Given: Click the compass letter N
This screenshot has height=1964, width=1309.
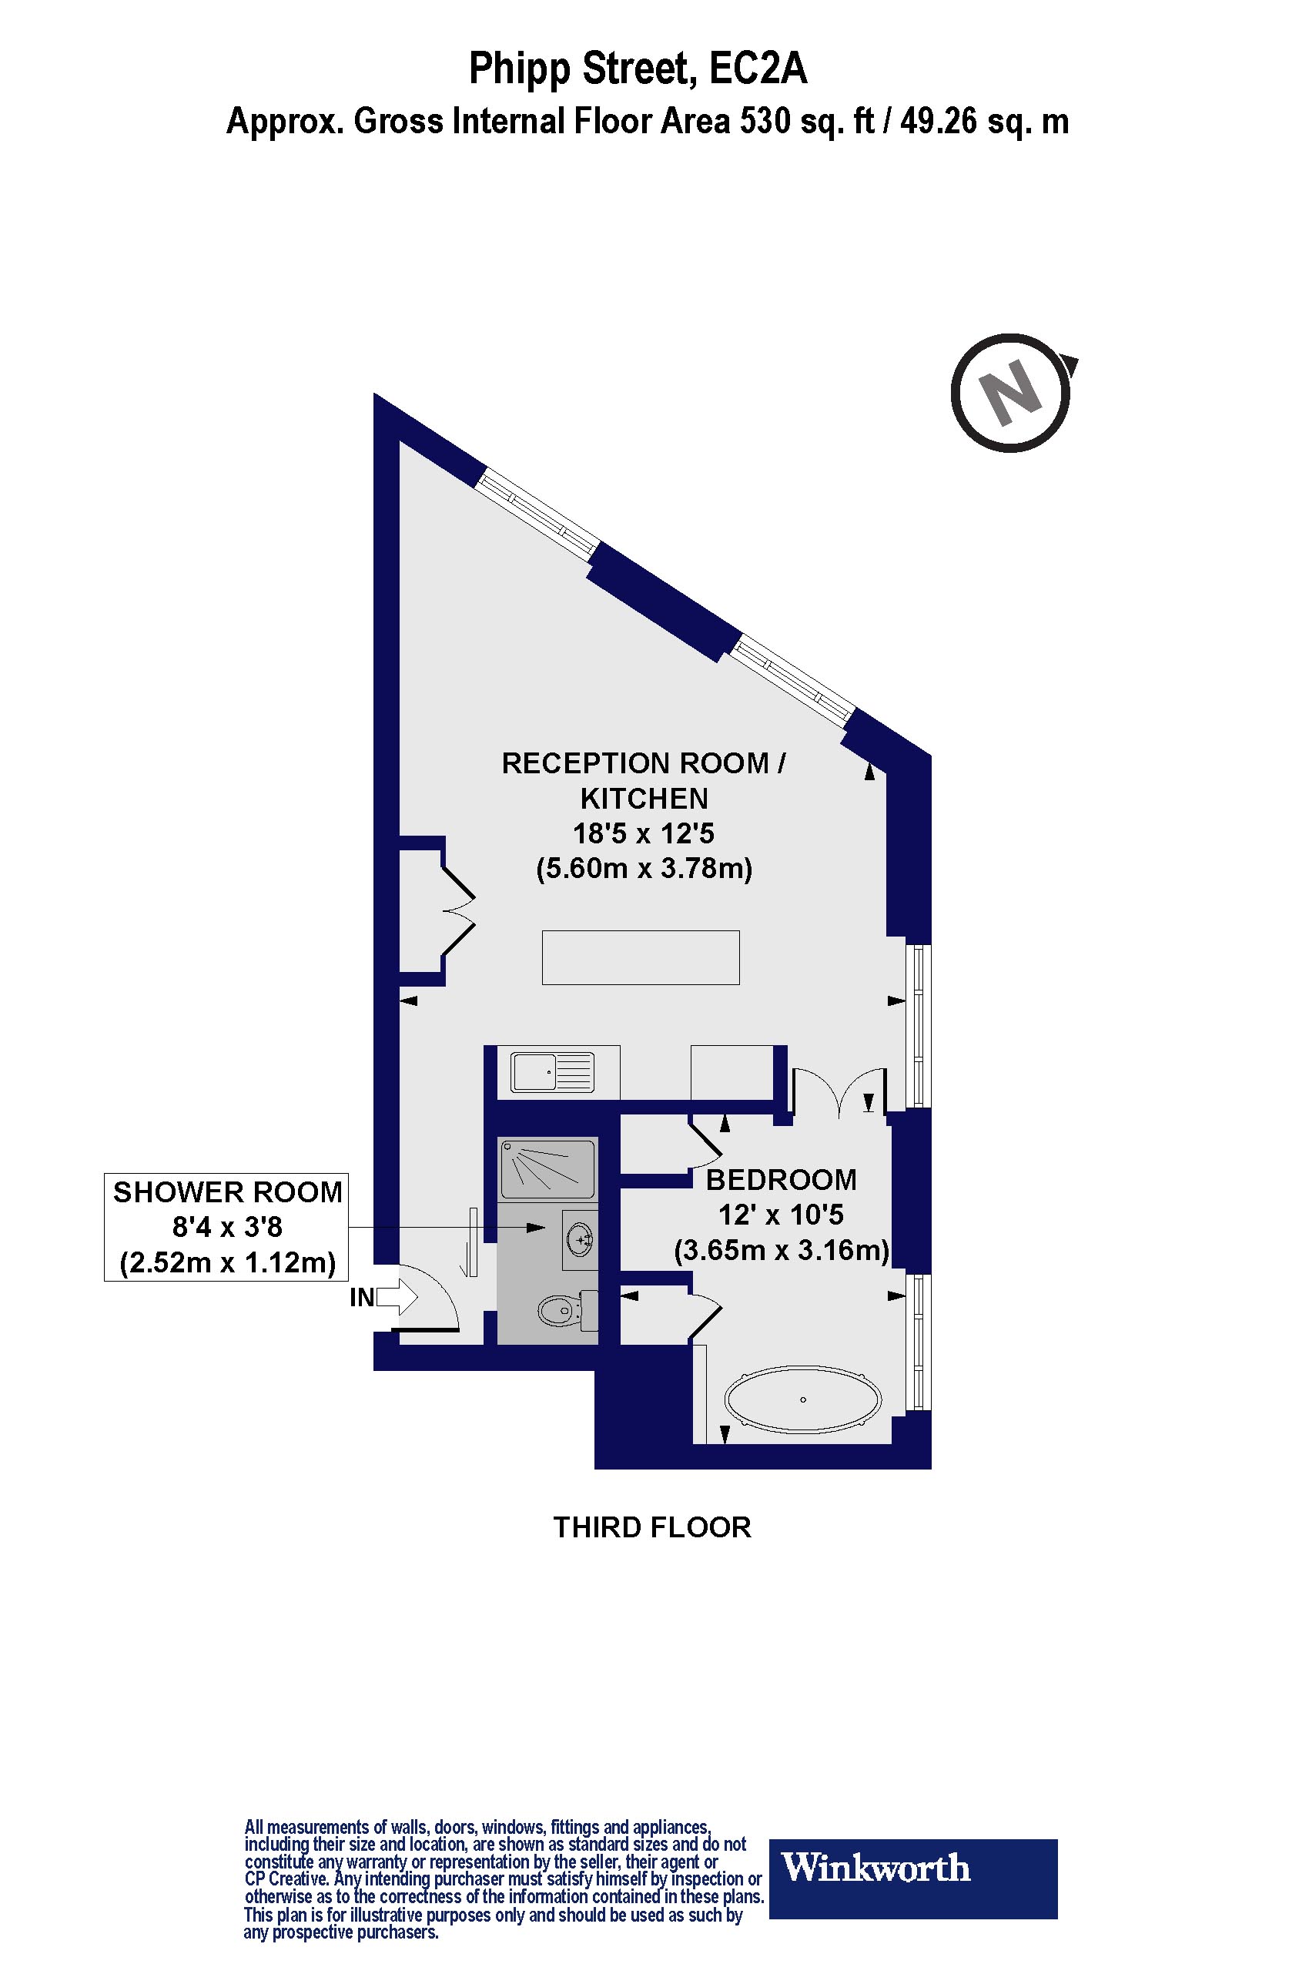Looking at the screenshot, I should pyautogui.click(x=1011, y=393).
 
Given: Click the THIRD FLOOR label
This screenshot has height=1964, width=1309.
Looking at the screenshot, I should pyautogui.click(x=652, y=1527).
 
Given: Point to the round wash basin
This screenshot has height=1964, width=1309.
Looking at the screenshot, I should pyautogui.click(x=581, y=1240).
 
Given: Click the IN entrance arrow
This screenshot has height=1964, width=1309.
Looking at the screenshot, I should pyautogui.click(x=397, y=1298).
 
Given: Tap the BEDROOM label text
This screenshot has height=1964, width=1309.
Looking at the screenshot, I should pyautogui.click(x=782, y=1180).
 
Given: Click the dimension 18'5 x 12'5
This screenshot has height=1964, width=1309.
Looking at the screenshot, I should pyautogui.click(x=644, y=833).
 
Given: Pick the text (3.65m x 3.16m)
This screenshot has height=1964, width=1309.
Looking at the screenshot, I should pyautogui.click(x=782, y=1250).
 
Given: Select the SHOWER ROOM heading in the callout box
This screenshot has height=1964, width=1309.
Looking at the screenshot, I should pyautogui.click(x=227, y=1192).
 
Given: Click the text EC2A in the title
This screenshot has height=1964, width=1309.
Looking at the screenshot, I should pyautogui.click(x=757, y=69).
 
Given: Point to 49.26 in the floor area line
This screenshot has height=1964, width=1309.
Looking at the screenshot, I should pyautogui.click(x=942, y=122).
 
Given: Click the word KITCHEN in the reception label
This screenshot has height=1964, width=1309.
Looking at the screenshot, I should pyautogui.click(x=644, y=799).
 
